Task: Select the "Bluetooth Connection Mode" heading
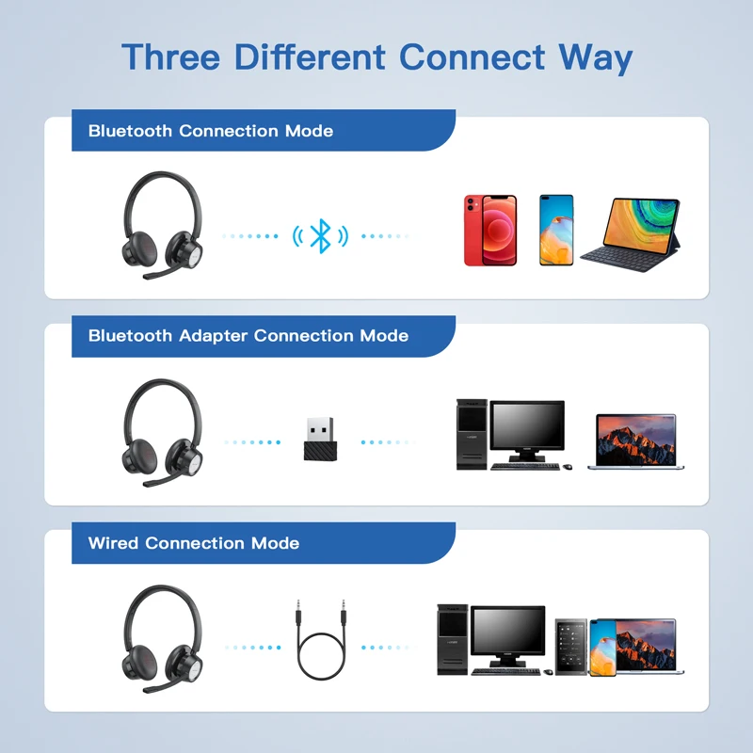(x=211, y=131)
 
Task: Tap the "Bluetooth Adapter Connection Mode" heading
(x=248, y=335)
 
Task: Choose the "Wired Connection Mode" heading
(x=194, y=543)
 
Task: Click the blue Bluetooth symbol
(x=320, y=235)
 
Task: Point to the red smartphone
(x=489, y=231)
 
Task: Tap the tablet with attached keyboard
(x=630, y=232)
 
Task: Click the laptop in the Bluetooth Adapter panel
(x=635, y=441)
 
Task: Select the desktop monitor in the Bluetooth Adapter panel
(x=527, y=430)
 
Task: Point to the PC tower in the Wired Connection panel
(x=451, y=639)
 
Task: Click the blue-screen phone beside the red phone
(x=555, y=231)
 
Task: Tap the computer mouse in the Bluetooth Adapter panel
(x=568, y=466)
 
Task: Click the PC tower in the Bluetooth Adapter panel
(x=470, y=434)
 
